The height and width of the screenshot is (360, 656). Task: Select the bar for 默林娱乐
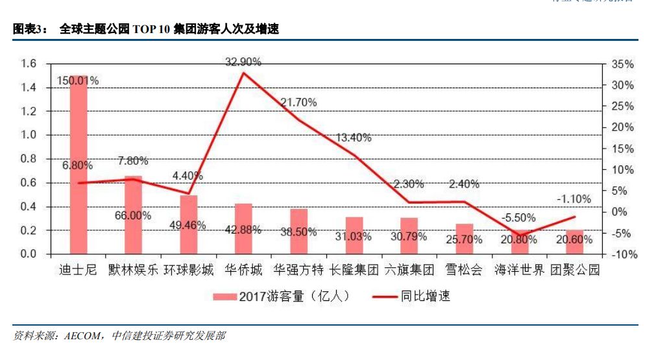(134, 215)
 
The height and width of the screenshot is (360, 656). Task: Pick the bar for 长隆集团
(354, 235)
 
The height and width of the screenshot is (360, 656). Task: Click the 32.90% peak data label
(243, 62)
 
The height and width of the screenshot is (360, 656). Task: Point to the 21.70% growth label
(298, 102)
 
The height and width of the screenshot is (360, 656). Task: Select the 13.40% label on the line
(354, 138)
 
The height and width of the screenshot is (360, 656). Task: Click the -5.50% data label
(519, 218)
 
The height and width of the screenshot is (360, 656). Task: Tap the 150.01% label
(78, 81)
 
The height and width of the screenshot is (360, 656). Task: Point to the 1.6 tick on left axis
(28, 64)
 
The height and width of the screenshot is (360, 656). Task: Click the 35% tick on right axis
(622, 64)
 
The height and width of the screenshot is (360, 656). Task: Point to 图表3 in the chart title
(29, 29)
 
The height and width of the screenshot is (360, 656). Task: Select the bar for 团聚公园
(574, 241)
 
